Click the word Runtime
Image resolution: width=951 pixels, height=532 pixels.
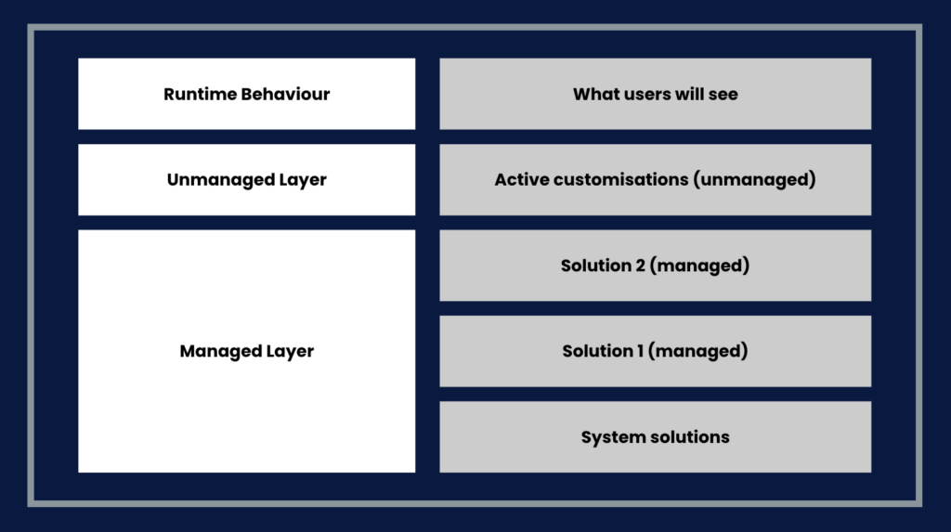point(200,94)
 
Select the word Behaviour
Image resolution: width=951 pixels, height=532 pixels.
point(285,94)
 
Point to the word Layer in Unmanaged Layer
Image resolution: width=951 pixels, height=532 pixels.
point(303,180)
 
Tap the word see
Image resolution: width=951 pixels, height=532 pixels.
point(723,95)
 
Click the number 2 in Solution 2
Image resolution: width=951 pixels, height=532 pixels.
point(641,266)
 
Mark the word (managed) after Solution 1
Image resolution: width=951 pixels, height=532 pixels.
point(698,351)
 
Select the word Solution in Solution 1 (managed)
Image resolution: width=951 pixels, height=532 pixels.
point(597,351)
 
